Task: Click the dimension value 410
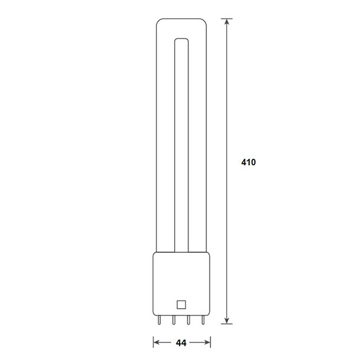point(249,163)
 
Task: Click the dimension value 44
point(180,343)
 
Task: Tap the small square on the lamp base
point(180,305)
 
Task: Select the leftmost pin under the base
point(160,320)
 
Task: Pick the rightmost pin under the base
point(201,320)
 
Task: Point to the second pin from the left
point(174,320)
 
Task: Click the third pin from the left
point(187,320)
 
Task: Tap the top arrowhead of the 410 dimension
point(227,23)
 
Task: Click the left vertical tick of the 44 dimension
point(152,343)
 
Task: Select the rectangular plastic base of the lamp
point(180,282)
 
